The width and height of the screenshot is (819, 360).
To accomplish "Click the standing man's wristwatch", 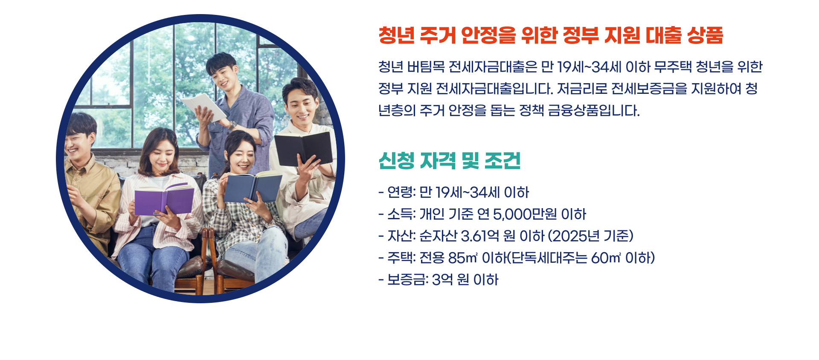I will pyautogui.click(x=232, y=125).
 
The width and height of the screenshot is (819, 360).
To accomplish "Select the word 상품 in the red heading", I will pyautogui.click(x=705, y=35).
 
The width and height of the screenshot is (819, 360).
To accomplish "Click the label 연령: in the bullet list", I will pyautogui.click(x=401, y=192).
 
